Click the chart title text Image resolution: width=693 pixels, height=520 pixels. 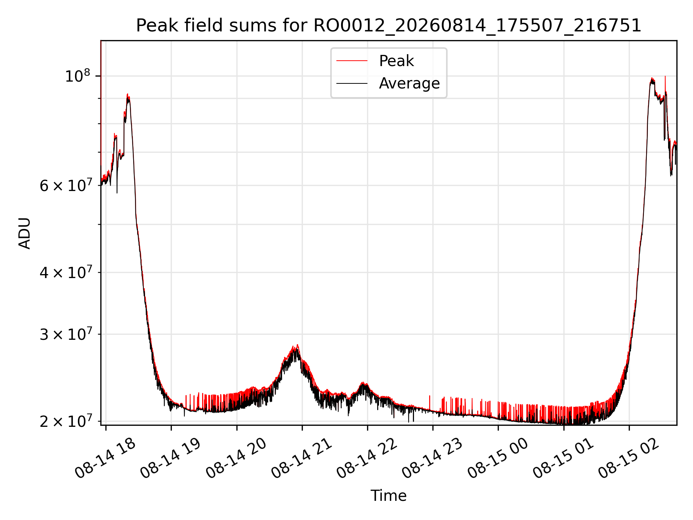click(388, 26)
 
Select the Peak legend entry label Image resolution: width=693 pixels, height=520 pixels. click(396, 61)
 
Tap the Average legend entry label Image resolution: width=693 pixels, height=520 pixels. click(409, 83)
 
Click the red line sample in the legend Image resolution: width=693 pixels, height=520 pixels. click(352, 61)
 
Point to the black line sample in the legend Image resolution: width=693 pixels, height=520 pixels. click(352, 83)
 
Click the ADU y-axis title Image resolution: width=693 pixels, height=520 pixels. click(25, 233)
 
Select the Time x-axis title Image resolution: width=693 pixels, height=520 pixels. click(388, 496)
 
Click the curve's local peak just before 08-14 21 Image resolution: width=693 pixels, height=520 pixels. click(297, 345)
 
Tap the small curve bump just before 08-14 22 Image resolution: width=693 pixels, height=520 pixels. click(363, 382)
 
